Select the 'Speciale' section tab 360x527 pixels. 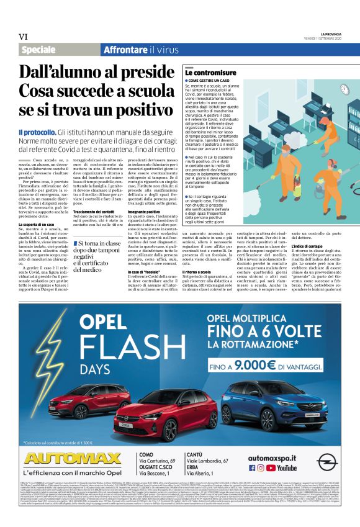click(38, 50)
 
